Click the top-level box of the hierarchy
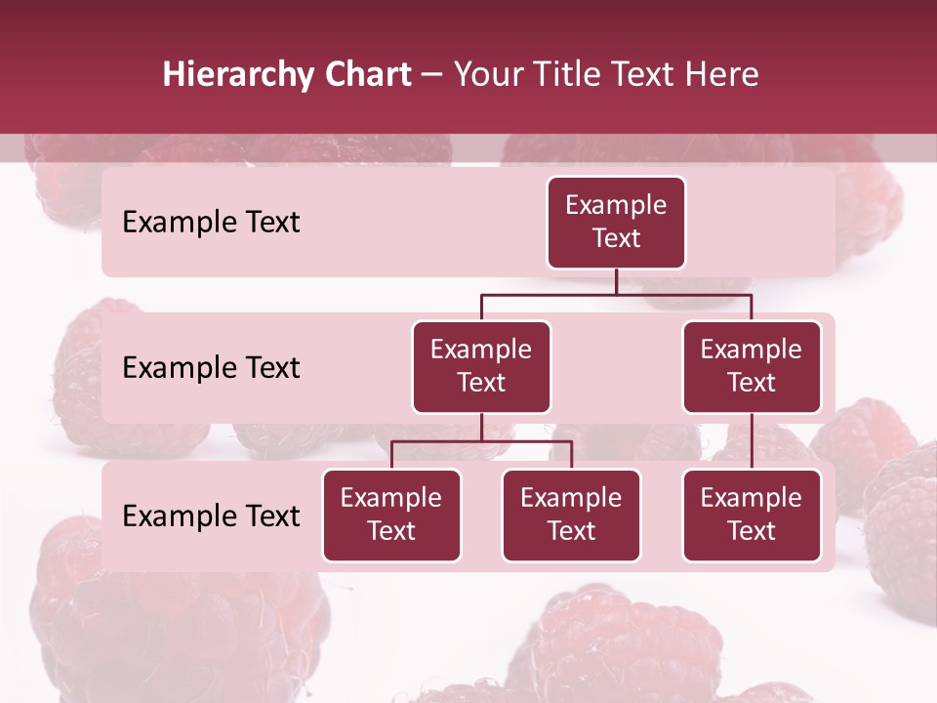click(x=616, y=223)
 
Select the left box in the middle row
click(x=481, y=367)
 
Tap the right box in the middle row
click(x=752, y=367)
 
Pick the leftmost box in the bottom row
click(x=391, y=516)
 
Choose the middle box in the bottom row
click(x=571, y=516)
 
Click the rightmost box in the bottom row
click(x=752, y=516)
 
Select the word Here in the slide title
click(x=722, y=74)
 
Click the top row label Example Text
click(x=211, y=223)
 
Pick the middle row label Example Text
click(x=211, y=368)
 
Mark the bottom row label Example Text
click(x=211, y=517)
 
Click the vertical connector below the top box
click(x=616, y=281)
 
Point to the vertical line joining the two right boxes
click(x=752, y=441)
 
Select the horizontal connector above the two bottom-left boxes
click(x=481, y=441)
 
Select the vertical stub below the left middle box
click(x=481, y=428)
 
